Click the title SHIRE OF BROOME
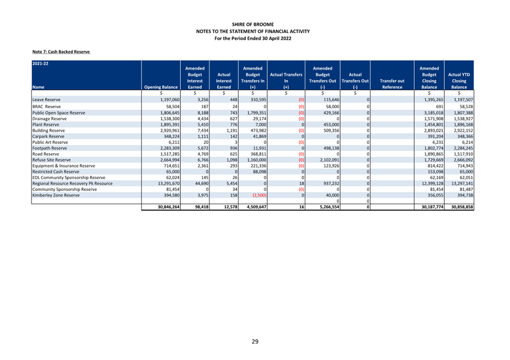(253, 24)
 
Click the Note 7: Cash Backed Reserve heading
(61, 52)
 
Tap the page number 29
(255, 341)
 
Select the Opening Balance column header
(161, 87)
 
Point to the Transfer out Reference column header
(392, 84)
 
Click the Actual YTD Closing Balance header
(459, 81)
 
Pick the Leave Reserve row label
(46, 100)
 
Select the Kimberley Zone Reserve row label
(56, 196)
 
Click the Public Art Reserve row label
(50, 142)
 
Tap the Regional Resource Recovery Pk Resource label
(72, 184)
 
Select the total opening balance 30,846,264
(169, 207)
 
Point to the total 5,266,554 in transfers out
(330, 207)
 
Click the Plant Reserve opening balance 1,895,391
(170, 125)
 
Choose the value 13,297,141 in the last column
(462, 184)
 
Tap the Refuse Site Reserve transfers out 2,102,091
(330, 160)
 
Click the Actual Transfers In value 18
(302, 184)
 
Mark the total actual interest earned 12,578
(230, 207)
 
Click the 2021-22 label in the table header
(40, 63)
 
